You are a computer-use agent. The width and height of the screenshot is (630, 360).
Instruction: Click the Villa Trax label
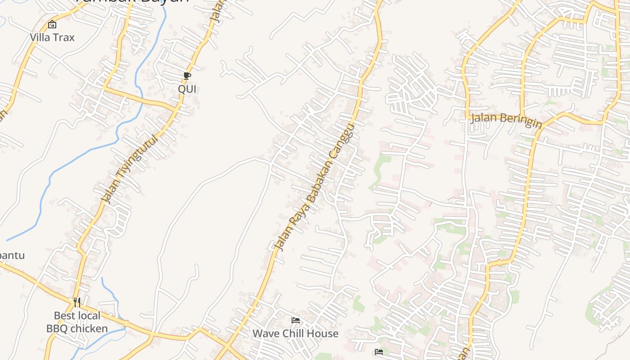click(x=52, y=37)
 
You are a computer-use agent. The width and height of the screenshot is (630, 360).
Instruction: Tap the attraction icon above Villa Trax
click(x=52, y=24)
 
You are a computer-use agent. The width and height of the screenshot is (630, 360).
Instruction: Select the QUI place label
click(x=187, y=89)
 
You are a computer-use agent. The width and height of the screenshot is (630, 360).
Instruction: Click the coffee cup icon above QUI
click(x=187, y=76)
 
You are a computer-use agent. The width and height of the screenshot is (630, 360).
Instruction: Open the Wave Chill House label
click(x=295, y=333)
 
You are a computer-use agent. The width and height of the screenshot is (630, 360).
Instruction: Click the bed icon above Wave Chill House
click(x=296, y=320)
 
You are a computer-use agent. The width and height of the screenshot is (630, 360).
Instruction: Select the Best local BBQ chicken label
click(x=77, y=322)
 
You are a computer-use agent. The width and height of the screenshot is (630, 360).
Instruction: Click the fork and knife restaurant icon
click(x=77, y=302)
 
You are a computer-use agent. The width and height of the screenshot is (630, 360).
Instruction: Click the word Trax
click(x=63, y=37)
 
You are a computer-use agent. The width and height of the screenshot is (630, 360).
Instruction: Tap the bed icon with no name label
click(x=379, y=352)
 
